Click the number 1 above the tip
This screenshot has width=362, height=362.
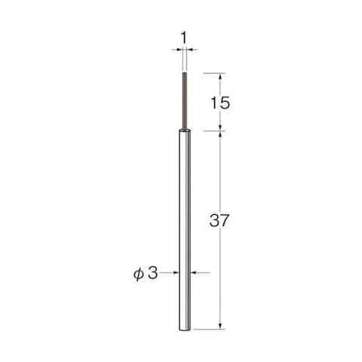[184, 38]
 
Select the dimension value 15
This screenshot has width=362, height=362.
[220, 103]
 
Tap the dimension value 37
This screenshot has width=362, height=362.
[219, 220]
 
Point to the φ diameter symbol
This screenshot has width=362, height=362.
[139, 273]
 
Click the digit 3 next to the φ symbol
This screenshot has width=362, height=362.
[152, 273]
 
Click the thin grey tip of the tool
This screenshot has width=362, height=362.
[185, 102]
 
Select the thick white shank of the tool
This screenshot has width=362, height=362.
[185, 230]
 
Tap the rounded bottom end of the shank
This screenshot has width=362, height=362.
[185, 330]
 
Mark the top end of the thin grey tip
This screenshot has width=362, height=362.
[185, 73]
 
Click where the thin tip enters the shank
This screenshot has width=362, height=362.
[185, 130]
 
